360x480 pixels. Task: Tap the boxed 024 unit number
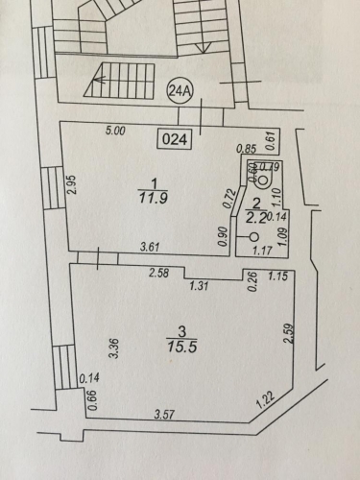pyautogui.click(x=175, y=139)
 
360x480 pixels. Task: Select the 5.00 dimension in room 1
pyautogui.click(x=115, y=131)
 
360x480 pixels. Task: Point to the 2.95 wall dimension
pyautogui.click(x=72, y=184)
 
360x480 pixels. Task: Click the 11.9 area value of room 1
pyautogui.click(x=154, y=199)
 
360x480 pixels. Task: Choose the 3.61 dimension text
pyautogui.click(x=150, y=247)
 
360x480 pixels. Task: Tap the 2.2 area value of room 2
pyautogui.click(x=256, y=218)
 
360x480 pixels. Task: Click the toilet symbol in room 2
pyautogui.click(x=263, y=176)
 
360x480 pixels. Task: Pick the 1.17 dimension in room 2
pyautogui.click(x=262, y=250)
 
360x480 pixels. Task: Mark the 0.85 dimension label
pyautogui.click(x=247, y=149)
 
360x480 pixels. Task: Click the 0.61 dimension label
pyautogui.click(x=271, y=141)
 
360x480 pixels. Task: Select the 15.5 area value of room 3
pyautogui.click(x=181, y=347)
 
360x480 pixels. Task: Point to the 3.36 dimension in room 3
pyautogui.click(x=115, y=348)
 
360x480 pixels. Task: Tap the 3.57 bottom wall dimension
pyautogui.click(x=164, y=415)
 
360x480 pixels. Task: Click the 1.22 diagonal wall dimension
pyautogui.click(x=266, y=400)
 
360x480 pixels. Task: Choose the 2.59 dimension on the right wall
pyautogui.click(x=289, y=334)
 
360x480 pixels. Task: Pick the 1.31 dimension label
pyautogui.click(x=199, y=285)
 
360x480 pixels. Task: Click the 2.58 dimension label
pyautogui.click(x=159, y=274)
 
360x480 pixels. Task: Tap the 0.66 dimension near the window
pyautogui.click(x=92, y=400)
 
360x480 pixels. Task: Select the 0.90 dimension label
pyautogui.click(x=223, y=236)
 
